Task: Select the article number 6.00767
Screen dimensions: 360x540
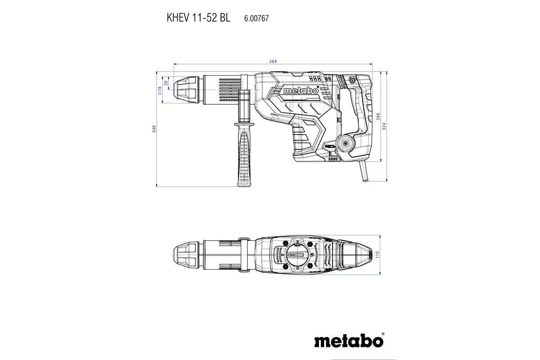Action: click(x=256, y=18)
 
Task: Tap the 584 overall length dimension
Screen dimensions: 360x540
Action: click(x=272, y=61)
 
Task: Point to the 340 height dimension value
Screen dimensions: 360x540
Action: click(x=154, y=129)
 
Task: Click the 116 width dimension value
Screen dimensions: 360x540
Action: click(x=378, y=255)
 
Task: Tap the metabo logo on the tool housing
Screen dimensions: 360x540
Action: click(x=301, y=91)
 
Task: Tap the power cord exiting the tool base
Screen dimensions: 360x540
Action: click(x=363, y=173)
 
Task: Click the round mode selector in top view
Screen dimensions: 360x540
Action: click(x=297, y=256)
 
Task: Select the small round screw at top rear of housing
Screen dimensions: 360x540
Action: click(x=352, y=80)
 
